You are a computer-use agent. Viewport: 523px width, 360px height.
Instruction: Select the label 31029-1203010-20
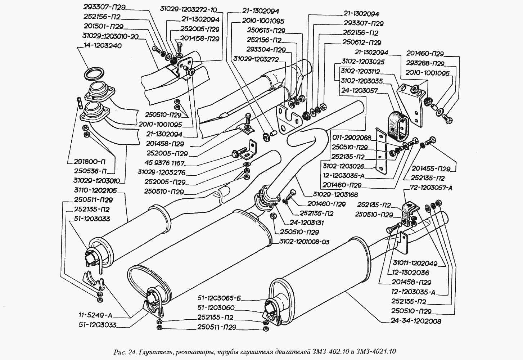tap(110, 36)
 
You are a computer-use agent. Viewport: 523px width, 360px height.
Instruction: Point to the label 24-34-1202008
tap(416, 321)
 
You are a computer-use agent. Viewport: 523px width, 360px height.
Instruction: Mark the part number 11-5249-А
tap(95, 315)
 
